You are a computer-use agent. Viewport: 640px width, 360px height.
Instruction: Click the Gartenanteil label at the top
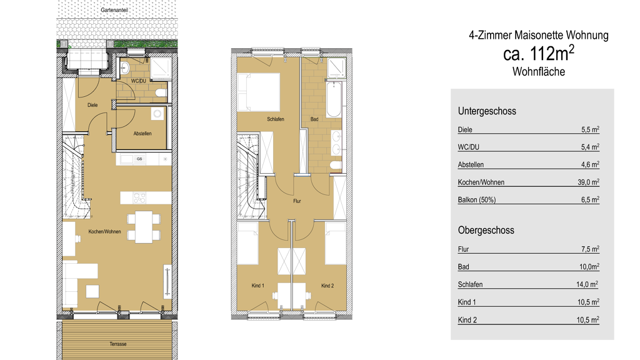tap(114, 10)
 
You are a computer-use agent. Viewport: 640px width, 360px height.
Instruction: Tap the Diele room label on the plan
tap(92, 105)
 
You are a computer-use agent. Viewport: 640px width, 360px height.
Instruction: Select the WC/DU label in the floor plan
tap(138, 81)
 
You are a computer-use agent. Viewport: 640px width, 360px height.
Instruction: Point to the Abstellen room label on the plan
tap(142, 134)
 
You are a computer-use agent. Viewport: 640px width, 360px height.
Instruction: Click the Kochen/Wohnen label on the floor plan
tap(104, 231)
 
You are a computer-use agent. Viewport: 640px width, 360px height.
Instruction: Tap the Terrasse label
tap(118, 344)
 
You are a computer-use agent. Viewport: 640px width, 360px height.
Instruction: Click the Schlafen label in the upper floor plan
tap(276, 119)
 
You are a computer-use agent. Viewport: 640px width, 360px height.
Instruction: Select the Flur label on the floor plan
tap(297, 201)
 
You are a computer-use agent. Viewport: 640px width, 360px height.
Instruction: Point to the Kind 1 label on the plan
tap(258, 286)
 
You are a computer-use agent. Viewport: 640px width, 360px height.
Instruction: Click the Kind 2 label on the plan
tap(327, 286)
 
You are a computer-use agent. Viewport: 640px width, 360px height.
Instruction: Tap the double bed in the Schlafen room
tap(258, 92)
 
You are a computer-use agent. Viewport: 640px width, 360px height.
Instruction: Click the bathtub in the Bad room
tap(334, 99)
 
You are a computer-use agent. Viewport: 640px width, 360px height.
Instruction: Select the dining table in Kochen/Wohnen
tap(144, 227)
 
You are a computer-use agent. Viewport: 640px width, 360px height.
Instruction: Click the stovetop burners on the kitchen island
tap(139, 198)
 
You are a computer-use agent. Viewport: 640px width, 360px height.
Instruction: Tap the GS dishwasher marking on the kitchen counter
tap(139, 159)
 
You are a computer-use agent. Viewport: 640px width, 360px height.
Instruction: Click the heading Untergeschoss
tap(487, 111)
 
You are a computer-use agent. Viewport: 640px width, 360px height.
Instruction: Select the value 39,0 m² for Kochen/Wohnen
tap(588, 182)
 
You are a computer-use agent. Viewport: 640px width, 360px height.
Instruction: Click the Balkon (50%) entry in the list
tap(477, 200)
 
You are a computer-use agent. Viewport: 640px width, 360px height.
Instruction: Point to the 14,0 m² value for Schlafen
tap(587, 284)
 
